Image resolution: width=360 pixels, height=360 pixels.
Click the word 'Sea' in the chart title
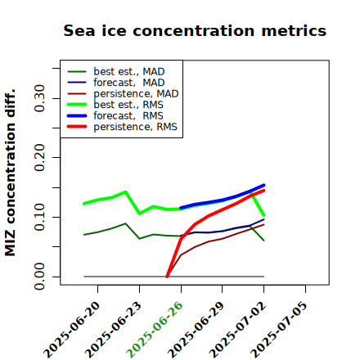tap(79, 30)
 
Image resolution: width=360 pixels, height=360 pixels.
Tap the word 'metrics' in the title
tap(294, 30)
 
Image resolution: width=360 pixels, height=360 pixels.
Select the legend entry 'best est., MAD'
tap(116, 72)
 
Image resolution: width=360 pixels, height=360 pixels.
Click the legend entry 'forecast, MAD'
tap(116, 83)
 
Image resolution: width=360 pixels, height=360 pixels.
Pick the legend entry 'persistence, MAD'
tap(123, 94)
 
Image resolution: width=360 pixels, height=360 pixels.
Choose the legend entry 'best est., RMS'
tap(115, 105)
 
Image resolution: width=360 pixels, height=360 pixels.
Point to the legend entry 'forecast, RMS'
tap(115, 116)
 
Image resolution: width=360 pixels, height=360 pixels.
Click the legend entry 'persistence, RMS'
tap(123, 127)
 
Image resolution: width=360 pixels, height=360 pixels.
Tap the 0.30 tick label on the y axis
tap(40, 98)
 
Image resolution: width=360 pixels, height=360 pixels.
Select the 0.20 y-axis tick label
tap(40, 157)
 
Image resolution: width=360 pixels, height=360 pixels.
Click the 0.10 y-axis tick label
tap(40, 217)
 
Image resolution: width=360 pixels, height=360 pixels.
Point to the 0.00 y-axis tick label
tap(40, 277)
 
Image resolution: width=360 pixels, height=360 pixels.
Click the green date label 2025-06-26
tap(155, 330)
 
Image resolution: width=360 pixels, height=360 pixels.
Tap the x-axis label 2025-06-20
tap(72, 330)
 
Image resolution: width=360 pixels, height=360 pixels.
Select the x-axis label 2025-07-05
tap(279, 330)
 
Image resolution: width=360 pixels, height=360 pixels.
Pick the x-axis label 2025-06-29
tap(196, 330)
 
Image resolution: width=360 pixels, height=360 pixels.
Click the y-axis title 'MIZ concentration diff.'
tap(10, 173)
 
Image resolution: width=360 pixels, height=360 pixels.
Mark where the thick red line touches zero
tap(167, 277)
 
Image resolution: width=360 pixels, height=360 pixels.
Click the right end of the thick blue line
tap(264, 185)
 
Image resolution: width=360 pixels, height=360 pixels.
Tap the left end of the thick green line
tap(84, 204)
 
